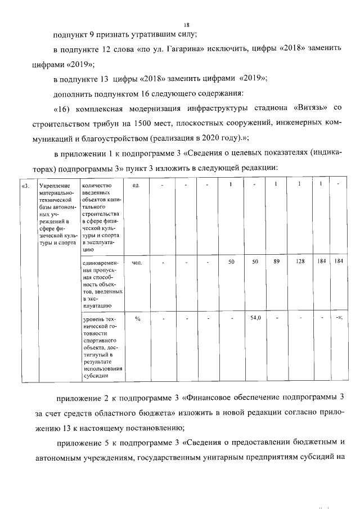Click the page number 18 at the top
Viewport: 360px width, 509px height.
click(x=187, y=25)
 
